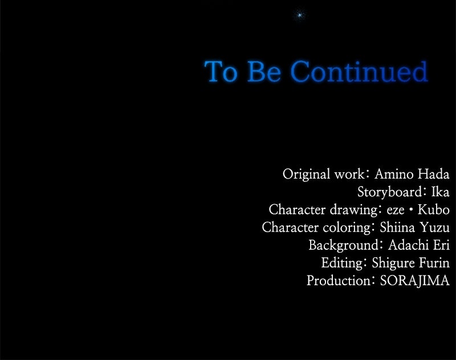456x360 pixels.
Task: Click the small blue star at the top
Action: (299, 14)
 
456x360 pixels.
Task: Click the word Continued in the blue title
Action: (359, 71)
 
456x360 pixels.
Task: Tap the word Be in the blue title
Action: (264, 71)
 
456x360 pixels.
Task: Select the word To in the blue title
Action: (221, 71)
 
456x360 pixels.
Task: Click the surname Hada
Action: (434, 174)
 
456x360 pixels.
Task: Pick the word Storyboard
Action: (390, 192)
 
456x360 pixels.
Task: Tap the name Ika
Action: (440, 192)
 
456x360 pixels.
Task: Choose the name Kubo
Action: (434, 209)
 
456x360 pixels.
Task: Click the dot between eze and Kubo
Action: (411, 209)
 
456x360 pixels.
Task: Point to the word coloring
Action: (347, 228)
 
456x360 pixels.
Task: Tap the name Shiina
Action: (397, 227)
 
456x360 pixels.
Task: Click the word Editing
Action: (342, 264)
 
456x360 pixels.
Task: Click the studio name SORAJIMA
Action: (415, 281)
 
